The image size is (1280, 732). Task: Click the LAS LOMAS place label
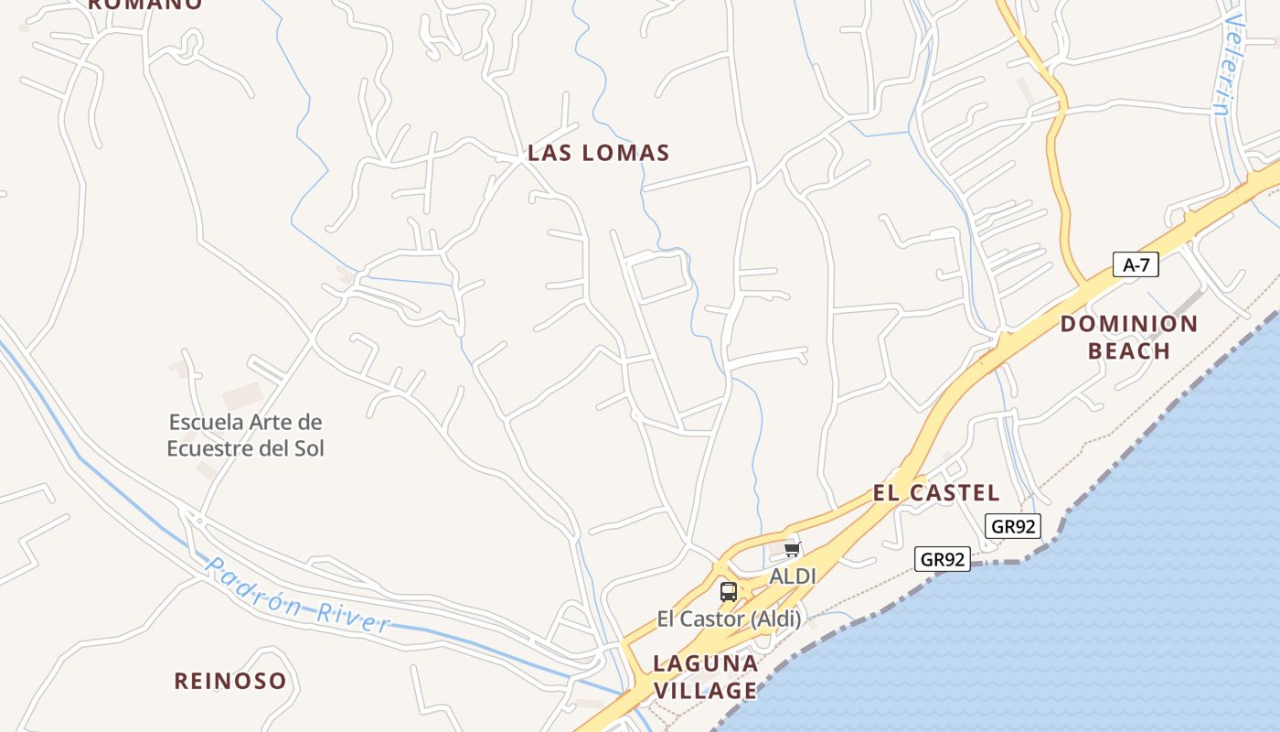click(x=599, y=153)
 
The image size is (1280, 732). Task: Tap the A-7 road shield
click(x=1136, y=265)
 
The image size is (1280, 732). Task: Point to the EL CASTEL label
click(x=935, y=493)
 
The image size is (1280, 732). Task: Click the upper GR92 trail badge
click(x=1013, y=526)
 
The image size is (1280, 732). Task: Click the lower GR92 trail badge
click(x=942, y=559)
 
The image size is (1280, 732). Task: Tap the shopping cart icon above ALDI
click(x=792, y=549)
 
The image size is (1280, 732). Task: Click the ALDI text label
click(x=792, y=576)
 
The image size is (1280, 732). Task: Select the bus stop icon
click(x=728, y=591)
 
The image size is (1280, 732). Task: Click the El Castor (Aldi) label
click(x=729, y=619)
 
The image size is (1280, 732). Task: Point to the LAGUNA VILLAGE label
click(x=705, y=676)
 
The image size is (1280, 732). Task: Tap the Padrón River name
click(x=297, y=597)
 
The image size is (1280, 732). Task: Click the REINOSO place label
click(x=230, y=681)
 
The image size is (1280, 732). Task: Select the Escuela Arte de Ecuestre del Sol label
click(x=245, y=436)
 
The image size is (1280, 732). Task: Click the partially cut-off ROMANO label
click(x=144, y=4)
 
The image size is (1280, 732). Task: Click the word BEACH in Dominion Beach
click(x=1128, y=351)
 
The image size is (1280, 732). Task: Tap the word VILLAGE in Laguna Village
click(x=705, y=691)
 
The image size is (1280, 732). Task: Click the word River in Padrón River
click(x=353, y=616)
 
